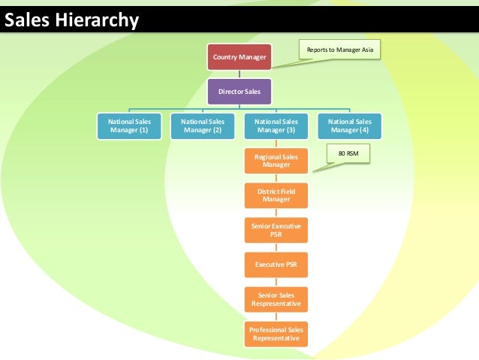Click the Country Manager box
pos(239,57)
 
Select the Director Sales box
pos(239,92)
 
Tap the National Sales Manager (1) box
pos(128,126)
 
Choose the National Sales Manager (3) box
pos(276,126)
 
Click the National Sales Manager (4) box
pos(351,126)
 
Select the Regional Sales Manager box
pos(276,160)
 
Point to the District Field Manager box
pos(276,195)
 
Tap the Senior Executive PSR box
pos(276,230)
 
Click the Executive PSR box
pos(276,265)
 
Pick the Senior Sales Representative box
pos(276,300)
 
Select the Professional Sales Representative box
pos(276,334)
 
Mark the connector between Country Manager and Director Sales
pos(239,74)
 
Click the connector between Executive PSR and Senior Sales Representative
pos(276,283)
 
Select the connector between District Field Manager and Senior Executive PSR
pos(276,213)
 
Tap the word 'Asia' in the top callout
pos(366,50)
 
